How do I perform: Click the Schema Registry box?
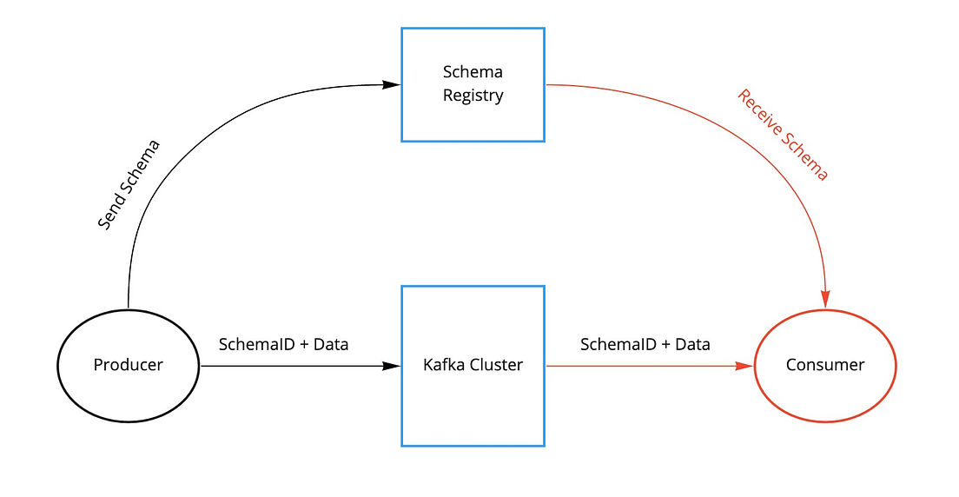click(x=473, y=84)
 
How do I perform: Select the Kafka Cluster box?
click(x=473, y=365)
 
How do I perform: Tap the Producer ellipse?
click(x=128, y=365)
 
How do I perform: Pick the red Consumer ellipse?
click(x=824, y=365)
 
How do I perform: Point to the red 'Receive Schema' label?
click(x=783, y=135)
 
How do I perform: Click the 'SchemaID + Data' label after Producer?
click(x=283, y=345)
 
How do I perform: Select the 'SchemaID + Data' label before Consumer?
click(x=645, y=345)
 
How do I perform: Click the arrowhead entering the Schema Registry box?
click(x=392, y=84)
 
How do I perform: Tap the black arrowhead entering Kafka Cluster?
click(x=392, y=366)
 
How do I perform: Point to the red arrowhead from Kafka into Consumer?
click(x=744, y=366)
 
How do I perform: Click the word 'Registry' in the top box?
click(x=473, y=96)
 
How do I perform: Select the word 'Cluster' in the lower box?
click(x=496, y=365)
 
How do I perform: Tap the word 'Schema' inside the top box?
click(x=473, y=72)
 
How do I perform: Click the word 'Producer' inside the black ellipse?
click(x=128, y=365)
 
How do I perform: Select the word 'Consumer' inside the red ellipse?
click(x=824, y=365)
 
